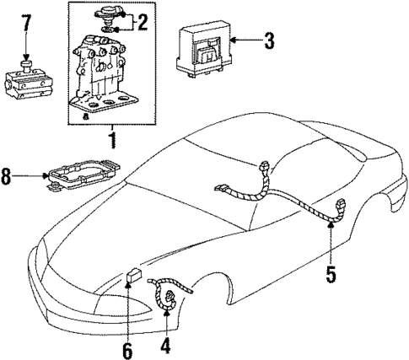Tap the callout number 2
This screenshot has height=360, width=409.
(x=143, y=22)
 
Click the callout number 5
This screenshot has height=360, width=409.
(x=331, y=274)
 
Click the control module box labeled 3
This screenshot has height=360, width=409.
(x=202, y=49)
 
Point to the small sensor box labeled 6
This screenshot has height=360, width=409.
(x=132, y=277)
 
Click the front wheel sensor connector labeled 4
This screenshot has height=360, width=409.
(x=168, y=295)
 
